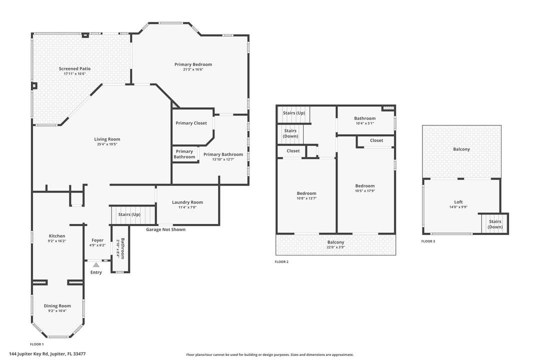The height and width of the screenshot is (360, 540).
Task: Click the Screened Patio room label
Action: point(74,68)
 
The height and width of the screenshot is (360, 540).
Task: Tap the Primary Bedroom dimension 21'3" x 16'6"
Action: point(193,69)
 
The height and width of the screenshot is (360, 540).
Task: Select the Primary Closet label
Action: point(191,123)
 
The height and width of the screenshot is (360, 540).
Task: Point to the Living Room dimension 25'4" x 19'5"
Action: point(107,144)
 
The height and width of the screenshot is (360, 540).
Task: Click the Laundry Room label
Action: point(187,202)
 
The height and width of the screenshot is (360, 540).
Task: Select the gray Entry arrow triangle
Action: point(96,264)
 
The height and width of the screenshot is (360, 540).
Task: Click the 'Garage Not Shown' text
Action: point(165,229)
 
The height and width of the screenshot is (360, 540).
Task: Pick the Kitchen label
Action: point(57,236)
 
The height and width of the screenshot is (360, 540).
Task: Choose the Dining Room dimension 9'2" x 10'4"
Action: point(57,311)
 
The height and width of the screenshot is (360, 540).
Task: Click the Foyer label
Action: point(97,240)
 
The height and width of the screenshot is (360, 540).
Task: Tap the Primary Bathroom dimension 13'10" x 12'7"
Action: point(223,159)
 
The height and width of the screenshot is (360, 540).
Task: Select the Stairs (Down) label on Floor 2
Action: point(290,133)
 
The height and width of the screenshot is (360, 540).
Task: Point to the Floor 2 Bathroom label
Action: point(364,118)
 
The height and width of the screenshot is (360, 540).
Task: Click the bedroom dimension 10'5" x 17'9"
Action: point(364,190)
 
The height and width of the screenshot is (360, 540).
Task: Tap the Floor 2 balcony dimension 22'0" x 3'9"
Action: point(335,247)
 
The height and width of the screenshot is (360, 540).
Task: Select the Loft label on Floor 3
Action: point(458,202)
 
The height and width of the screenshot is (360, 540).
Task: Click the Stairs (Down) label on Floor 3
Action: point(495,224)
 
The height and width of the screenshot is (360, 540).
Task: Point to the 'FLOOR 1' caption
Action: point(37,344)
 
